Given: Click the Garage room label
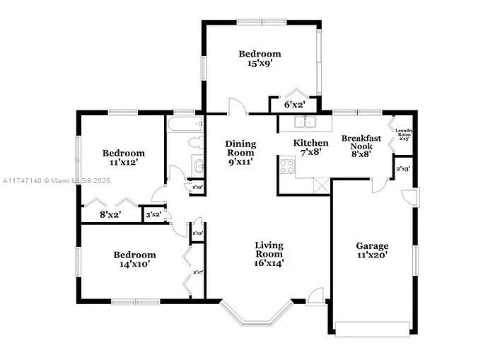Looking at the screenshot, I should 372,245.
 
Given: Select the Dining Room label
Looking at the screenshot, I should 240,149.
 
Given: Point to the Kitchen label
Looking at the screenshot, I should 311,144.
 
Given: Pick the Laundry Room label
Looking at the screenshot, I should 404,132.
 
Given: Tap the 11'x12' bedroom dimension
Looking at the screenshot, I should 124,163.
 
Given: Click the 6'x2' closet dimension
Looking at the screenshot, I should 294,105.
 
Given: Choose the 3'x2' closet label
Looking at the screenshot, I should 153,214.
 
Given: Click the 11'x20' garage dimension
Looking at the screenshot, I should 372,255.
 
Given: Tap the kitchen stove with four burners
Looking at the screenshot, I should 287,166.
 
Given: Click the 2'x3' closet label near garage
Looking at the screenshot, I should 404,169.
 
